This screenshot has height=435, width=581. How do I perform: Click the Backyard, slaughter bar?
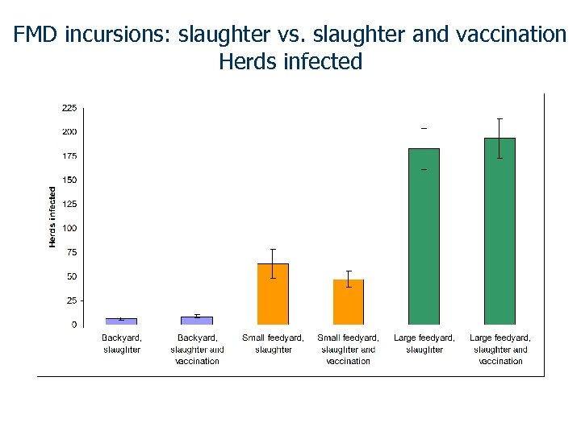(x=121, y=321)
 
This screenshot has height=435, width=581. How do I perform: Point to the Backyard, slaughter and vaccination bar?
(x=197, y=321)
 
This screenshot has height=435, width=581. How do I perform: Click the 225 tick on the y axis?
(x=69, y=107)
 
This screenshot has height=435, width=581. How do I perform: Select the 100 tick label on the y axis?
(x=69, y=228)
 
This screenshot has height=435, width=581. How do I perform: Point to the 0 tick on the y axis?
(x=74, y=325)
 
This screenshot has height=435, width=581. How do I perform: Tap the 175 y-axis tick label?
(x=69, y=155)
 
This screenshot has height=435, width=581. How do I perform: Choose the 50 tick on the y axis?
(x=72, y=276)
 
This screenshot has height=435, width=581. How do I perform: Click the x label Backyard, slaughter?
(x=122, y=344)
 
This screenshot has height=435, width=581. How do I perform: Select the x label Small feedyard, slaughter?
(x=273, y=344)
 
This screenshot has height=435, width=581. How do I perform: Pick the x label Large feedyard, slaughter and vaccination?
(x=500, y=350)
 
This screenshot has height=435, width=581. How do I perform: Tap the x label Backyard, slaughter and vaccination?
(x=197, y=350)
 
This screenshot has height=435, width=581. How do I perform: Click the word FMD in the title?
(x=37, y=35)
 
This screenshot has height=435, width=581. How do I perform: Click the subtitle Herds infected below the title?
(x=290, y=61)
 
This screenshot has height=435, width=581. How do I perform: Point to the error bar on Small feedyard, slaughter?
(x=273, y=263)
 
